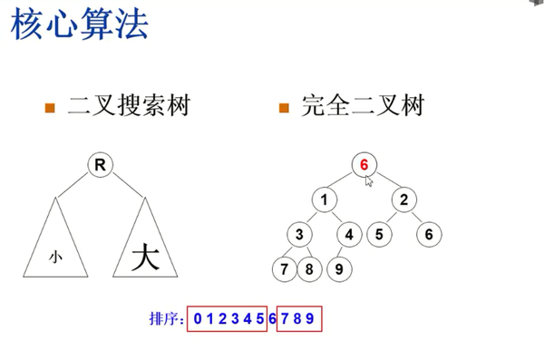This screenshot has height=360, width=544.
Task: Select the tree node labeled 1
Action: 324,199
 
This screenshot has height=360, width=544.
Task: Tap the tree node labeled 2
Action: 404,199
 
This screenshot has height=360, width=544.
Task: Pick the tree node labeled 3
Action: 299,235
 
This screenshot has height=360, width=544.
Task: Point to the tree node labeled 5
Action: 379,235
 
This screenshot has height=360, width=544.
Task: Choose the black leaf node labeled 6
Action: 430,235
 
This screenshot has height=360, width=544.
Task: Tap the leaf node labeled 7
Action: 286,269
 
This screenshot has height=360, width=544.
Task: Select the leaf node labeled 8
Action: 309,269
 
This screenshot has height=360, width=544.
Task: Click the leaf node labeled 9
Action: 338,269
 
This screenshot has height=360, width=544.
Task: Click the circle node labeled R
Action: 100,164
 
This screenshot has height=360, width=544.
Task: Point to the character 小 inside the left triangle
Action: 55,258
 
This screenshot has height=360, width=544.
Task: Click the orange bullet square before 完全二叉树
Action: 284,109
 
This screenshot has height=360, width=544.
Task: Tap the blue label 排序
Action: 164,319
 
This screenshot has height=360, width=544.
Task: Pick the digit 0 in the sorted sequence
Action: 196,319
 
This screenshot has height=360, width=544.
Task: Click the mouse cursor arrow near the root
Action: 369,180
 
